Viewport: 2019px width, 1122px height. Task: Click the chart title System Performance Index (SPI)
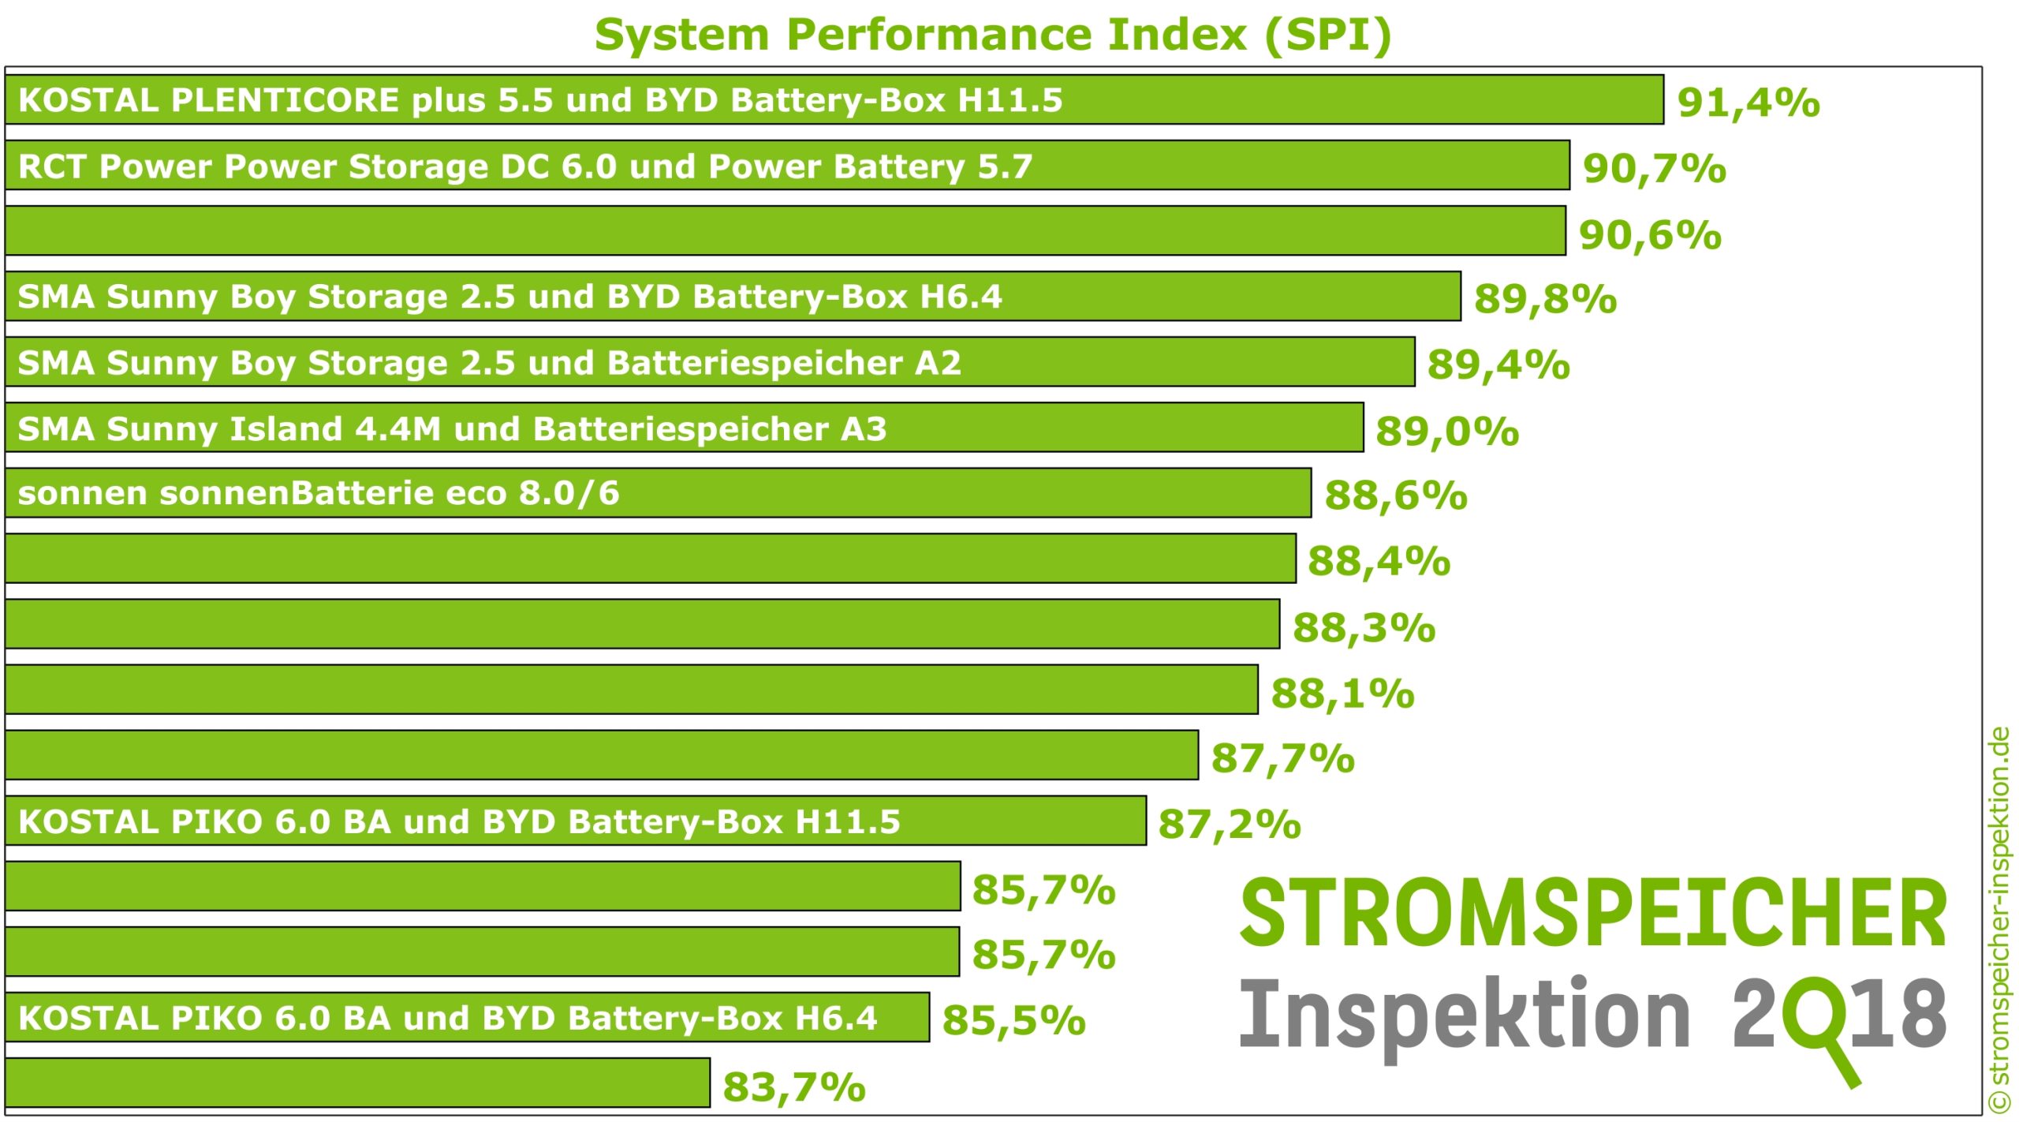[x=993, y=35]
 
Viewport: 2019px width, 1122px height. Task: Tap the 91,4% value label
[x=1748, y=103]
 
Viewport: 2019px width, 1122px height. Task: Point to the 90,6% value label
[x=1650, y=234]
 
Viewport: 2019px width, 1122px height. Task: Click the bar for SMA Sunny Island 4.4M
[x=684, y=428]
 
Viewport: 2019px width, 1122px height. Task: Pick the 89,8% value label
[x=1545, y=299]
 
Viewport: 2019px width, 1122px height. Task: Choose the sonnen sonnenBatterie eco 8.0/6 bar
[x=658, y=493]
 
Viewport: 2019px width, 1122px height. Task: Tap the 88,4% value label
[x=1379, y=561]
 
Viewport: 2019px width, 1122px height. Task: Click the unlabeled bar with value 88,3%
[x=642, y=624]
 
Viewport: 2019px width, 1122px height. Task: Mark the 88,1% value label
[x=1342, y=694]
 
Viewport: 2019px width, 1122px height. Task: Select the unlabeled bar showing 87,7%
[x=601, y=755]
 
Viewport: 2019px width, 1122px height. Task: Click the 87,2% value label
[x=1229, y=825]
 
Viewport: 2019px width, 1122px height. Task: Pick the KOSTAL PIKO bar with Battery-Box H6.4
[x=467, y=1018]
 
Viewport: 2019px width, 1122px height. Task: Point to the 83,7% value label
[x=793, y=1086]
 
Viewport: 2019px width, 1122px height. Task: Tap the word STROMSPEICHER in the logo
[x=1593, y=914]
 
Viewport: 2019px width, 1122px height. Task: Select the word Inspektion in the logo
[x=1465, y=1016]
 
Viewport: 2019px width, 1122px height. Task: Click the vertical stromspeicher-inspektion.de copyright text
[x=1999, y=919]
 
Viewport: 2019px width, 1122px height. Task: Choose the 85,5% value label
[x=1013, y=1020]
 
